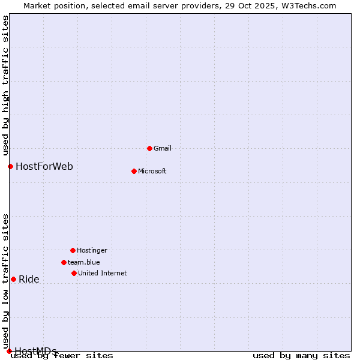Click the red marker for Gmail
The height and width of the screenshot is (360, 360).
pyautogui.click(x=149, y=148)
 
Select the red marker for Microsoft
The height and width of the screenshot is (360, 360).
pyautogui.click(x=134, y=171)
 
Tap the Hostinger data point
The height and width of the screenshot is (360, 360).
pyautogui.click(x=73, y=250)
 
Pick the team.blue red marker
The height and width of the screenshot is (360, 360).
pyautogui.click(x=64, y=262)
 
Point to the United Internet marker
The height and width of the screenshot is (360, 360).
pyautogui.click(x=74, y=273)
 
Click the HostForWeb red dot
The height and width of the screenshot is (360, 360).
pyautogui.click(x=10, y=166)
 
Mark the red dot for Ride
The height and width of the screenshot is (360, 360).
pyautogui.click(x=13, y=279)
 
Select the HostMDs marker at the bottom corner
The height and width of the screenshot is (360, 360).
pyautogui.click(x=9, y=351)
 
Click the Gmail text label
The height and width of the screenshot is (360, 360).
pyautogui.click(x=163, y=148)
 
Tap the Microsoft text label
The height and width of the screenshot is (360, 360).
pyautogui.click(x=152, y=171)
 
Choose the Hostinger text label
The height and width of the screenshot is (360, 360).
pyautogui.click(x=92, y=250)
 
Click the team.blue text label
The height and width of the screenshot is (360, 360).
pyautogui.click(x=84, y=262)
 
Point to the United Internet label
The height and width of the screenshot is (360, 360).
pyautogui.click(x=103, y=273)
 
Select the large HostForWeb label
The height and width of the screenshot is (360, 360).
pyautogui.click(x=44, y=166)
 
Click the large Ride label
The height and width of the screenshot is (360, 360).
pyautogui.click(x=29, y=279)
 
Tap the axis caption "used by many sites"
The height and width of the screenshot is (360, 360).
pyautogui.click(x=301, y=356)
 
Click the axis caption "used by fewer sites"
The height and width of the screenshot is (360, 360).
pyautogui.click(x=62, y=356)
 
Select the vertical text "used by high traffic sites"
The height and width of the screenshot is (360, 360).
pyautogui.click(x=5, y=85)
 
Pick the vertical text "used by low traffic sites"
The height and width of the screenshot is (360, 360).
pyautogui.click(x=5, y=281)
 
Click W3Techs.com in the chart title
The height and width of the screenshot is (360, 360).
pyautogui.click(x=311, y=5)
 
